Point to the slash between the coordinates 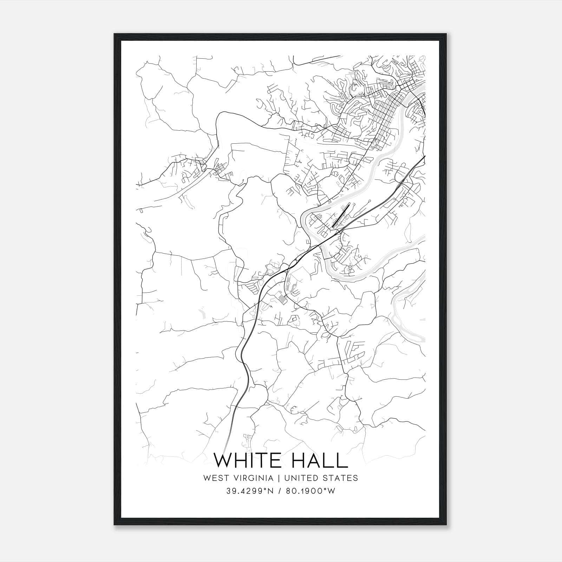pos(281,491)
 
